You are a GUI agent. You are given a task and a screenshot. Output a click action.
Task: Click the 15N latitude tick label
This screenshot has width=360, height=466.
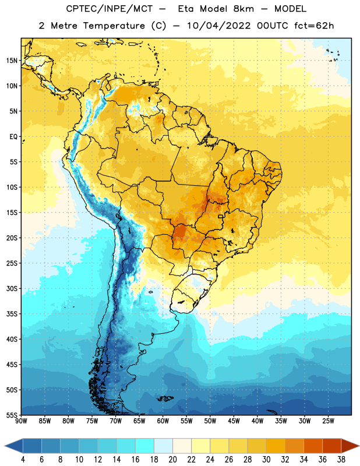(x=12, y=61)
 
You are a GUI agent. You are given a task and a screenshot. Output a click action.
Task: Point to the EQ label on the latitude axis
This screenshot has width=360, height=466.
(x=13, y=137)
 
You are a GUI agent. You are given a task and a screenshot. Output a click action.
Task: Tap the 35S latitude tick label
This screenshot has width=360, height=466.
(x=12, y=314)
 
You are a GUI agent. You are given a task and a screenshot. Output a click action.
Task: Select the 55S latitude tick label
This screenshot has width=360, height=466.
(x=12, y=415)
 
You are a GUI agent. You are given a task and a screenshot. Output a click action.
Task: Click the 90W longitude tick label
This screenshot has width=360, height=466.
(x=21, y=421)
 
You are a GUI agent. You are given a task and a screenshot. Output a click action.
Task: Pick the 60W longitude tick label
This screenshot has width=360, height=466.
(x=163, y=421)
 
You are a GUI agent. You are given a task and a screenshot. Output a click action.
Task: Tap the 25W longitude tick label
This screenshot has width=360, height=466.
(x=328, y=421)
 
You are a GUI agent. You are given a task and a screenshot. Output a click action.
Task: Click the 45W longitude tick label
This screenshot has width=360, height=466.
(x=234, y=421)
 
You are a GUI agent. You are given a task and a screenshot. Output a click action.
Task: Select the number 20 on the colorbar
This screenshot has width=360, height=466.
(x=172, y=460)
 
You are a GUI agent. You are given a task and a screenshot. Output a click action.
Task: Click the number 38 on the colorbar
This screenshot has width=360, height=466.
(x=341, y=460)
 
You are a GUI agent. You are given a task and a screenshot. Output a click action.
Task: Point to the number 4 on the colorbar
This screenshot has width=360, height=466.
(x=23, y=460)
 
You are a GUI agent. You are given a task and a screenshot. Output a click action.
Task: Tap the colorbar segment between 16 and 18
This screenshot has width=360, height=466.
(x=145, y=446)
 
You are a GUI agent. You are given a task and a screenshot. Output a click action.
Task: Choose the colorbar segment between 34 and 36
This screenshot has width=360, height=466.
(x=313, y=446)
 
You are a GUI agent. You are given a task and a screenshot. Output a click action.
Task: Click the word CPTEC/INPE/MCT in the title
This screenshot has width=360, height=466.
(x=110, y=9)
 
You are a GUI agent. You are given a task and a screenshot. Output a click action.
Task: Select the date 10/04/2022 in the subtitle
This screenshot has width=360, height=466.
(x=219, y=26)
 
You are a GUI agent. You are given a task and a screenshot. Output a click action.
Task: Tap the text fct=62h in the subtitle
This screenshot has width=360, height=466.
(x=314, y=26)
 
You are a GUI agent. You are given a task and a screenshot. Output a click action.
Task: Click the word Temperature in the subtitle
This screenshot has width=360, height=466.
(x=114, y=26)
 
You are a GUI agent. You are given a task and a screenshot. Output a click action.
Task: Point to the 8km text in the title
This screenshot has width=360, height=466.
(x=243, y=9)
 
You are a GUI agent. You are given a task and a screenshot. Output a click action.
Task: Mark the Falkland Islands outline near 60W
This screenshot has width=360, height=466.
(x=165, y=398)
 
